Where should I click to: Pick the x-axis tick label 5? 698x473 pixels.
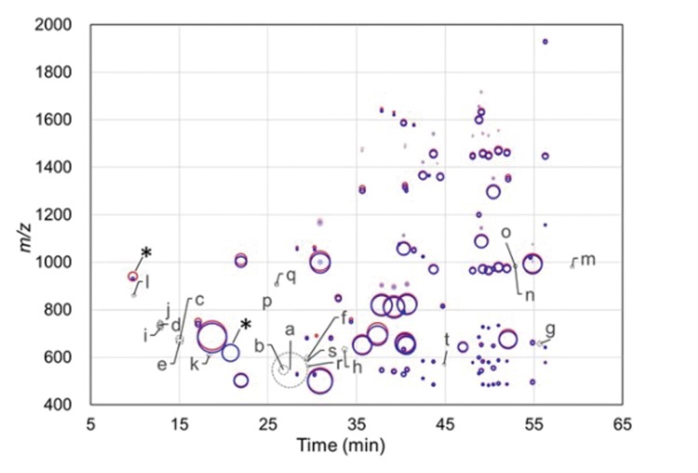click(90, 423)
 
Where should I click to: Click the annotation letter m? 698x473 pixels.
click(587, 259)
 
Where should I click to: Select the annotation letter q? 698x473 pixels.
click(290, 275)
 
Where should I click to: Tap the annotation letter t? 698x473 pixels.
click(447, 339)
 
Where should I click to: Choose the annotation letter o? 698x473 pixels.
click(505, 233)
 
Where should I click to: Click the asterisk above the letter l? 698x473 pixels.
click(146, 254)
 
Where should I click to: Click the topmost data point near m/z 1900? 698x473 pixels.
click(544, 41)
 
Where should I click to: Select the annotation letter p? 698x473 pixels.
click(267, 302)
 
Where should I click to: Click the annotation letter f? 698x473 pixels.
click(344, 318)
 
